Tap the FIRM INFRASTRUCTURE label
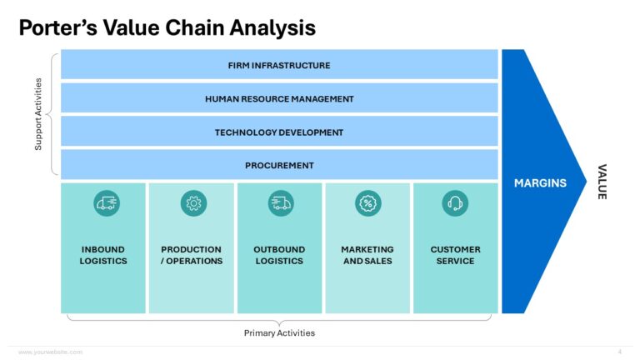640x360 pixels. pos(279,66)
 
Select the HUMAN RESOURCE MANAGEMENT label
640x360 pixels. pos(279,99)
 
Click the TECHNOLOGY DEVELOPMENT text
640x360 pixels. pos(279,132)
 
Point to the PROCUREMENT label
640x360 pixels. pos(279,166)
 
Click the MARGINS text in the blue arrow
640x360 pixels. pos(540,183)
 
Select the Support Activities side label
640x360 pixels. pos(38,115)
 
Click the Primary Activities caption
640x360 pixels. pos(279,333)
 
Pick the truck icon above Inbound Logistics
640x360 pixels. pos(106,202)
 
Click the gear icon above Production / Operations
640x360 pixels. pos(193,202)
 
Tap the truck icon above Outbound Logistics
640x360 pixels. pos(281,202)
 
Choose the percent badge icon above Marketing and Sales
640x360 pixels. pos(367,202)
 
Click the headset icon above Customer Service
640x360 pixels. pos(456,202)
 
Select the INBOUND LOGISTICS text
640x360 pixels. pos(104,255)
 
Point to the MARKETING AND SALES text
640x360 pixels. pos(367,255)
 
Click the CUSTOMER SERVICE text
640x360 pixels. pos(455,255)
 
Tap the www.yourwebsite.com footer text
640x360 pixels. pos(50,352)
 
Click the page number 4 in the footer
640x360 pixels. pos(619,352)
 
